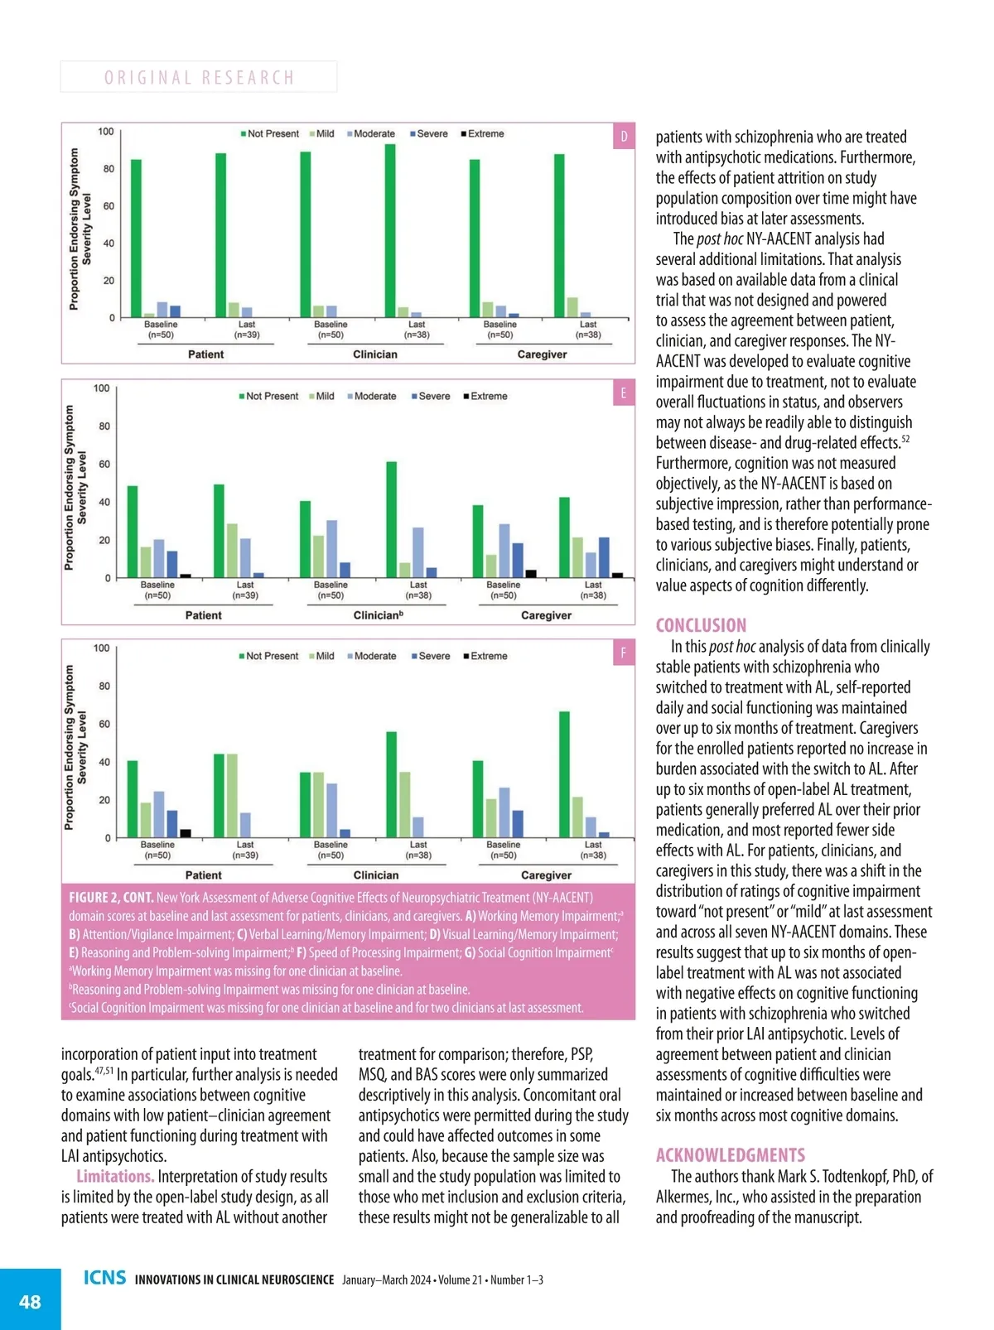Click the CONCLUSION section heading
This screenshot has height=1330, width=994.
point(701,625)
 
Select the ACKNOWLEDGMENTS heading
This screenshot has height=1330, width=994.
point(730,1155)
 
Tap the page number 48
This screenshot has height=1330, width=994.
point(30,1302)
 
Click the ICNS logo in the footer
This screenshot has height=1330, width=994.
point(104,1278)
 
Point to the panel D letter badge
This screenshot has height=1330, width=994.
point(624,136)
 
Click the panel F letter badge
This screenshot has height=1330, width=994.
point(624,653)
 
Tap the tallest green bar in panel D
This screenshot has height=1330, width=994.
point(390,230)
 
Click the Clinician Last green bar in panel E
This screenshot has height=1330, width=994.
point(392,519)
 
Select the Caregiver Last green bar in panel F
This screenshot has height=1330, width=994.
point(564,774)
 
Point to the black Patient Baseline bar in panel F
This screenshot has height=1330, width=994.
point(186,833)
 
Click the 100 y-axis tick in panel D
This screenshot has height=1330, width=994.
point(106,132)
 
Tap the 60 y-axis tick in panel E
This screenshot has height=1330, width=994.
point(104,465)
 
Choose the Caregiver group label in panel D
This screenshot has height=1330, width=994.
point(542,354)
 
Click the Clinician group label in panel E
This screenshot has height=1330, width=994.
point(378,615)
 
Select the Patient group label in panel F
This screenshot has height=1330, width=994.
point(204,875)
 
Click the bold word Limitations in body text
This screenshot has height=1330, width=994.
point(115,1177)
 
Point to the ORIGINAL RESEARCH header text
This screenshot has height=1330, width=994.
point(199,77)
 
